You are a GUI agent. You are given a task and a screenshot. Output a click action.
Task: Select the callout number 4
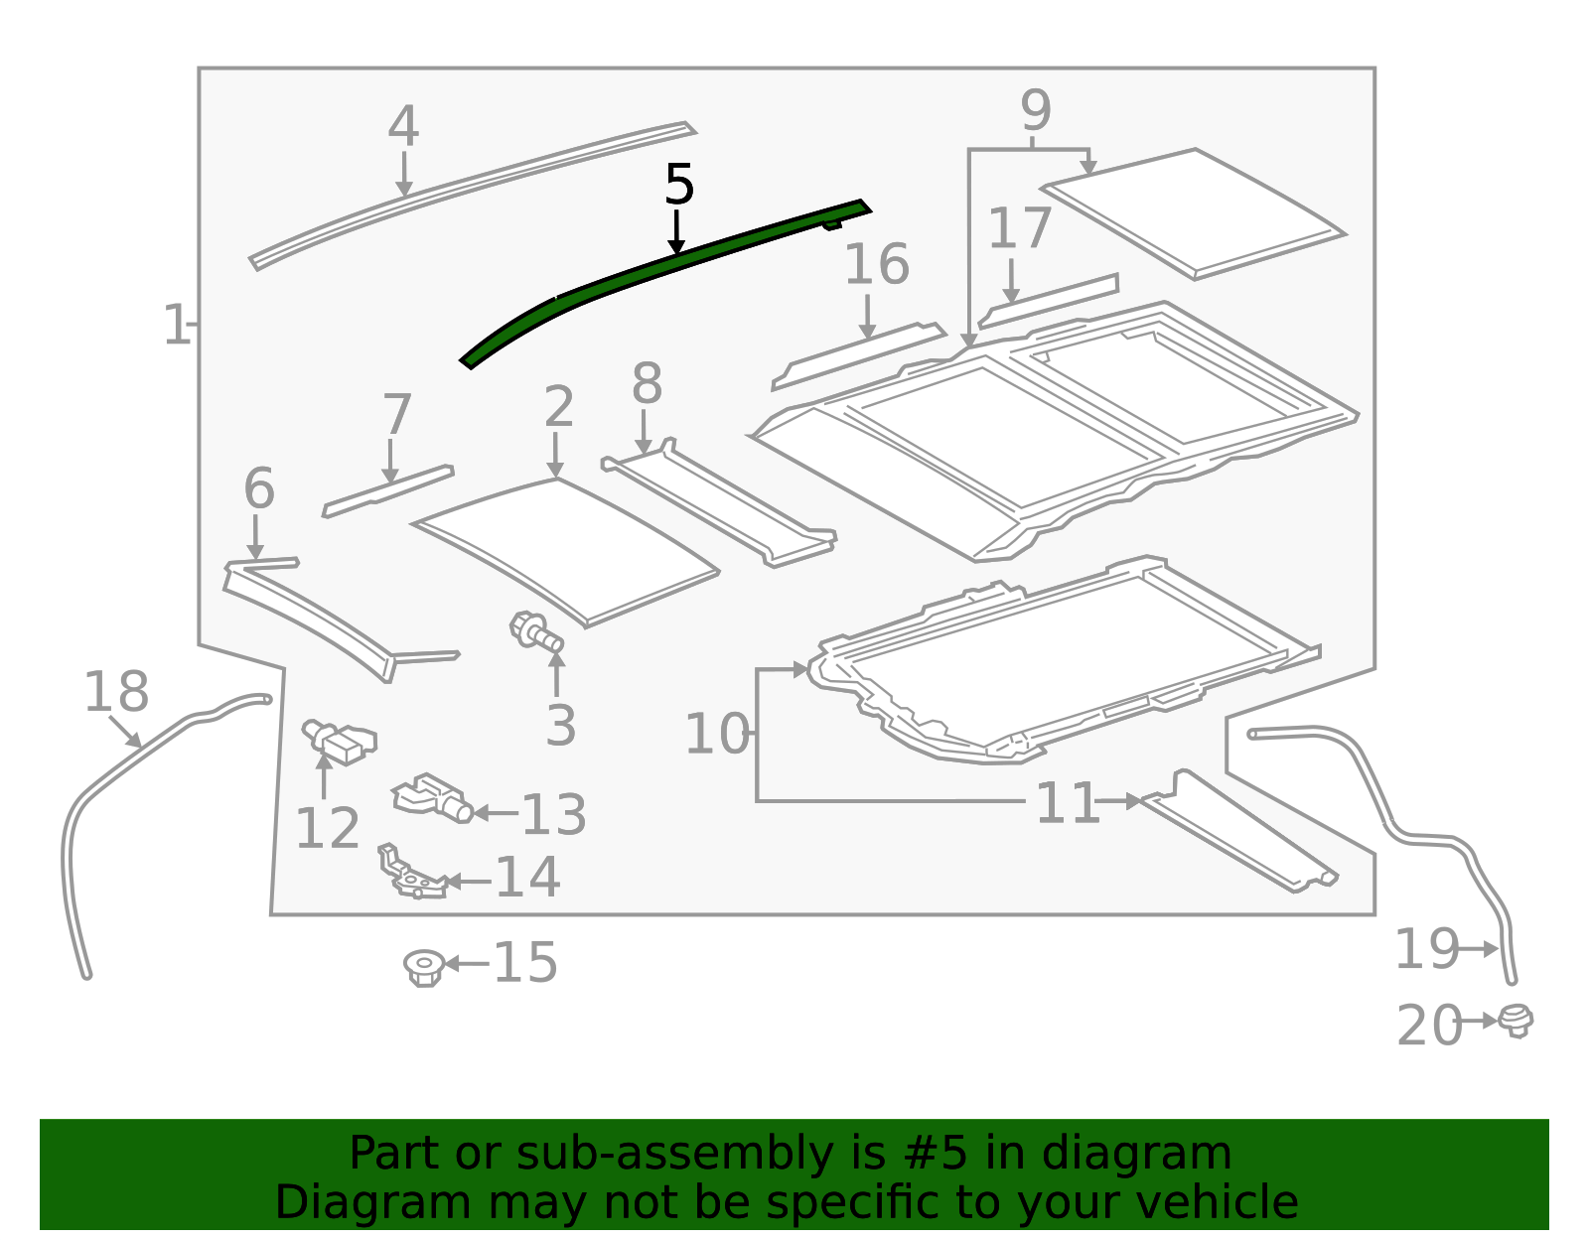(x=403, y=126)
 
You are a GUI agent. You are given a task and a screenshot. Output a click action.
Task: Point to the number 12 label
(x=327, y=829)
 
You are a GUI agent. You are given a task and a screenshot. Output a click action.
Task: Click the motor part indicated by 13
(x=432, y=798)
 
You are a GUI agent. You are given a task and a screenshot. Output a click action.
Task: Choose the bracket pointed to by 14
(x=413, y=872)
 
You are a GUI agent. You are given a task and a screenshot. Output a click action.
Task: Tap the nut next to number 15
(x=424, y=968)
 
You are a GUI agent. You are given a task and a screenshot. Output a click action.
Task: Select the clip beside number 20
(x=1516, y=1021)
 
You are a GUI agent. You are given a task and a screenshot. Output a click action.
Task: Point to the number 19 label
(x=1427, y=949)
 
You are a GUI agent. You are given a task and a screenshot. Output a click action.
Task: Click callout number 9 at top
(x=1036, y=110)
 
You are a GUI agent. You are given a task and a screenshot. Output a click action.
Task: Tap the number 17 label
(x=1020, y=228)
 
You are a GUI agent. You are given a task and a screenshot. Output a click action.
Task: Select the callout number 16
(x=877, y=264)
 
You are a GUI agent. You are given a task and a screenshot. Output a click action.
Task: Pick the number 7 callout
(x=397, y=414)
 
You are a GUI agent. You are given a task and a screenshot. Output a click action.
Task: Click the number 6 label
(x=259, y=488)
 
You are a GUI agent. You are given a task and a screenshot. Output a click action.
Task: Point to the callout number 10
(x=717, y=734)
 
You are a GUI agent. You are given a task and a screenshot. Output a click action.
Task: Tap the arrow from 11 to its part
(x=1119, y=801)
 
